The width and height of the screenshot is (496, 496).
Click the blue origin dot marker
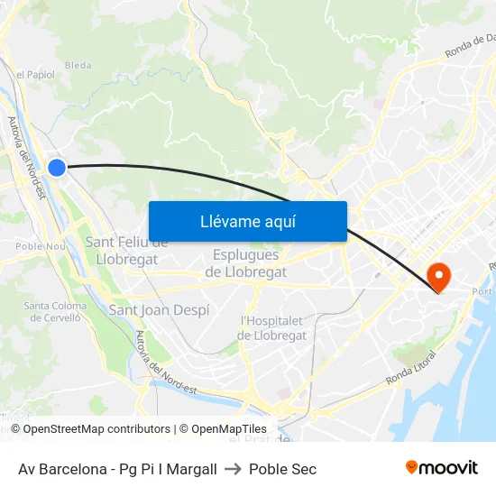click(x=57, y=167)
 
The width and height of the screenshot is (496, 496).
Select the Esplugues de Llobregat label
click(x=246, y=263)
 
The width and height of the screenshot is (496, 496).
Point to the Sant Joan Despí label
click(x=159, y=309)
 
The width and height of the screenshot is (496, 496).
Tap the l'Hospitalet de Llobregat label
click(x=273, y=328)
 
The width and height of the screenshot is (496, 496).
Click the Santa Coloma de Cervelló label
click(x=54, y=311)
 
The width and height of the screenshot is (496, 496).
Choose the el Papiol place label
click(x=36, y=75)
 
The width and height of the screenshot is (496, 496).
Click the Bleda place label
click(x=78, y=65)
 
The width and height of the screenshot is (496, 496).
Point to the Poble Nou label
click(x=41, y=245)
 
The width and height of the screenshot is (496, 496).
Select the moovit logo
click(x=441, y=468)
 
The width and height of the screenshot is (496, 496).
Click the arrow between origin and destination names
click(x=233, y=469)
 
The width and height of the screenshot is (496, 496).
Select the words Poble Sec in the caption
click(x=282, y=469)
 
